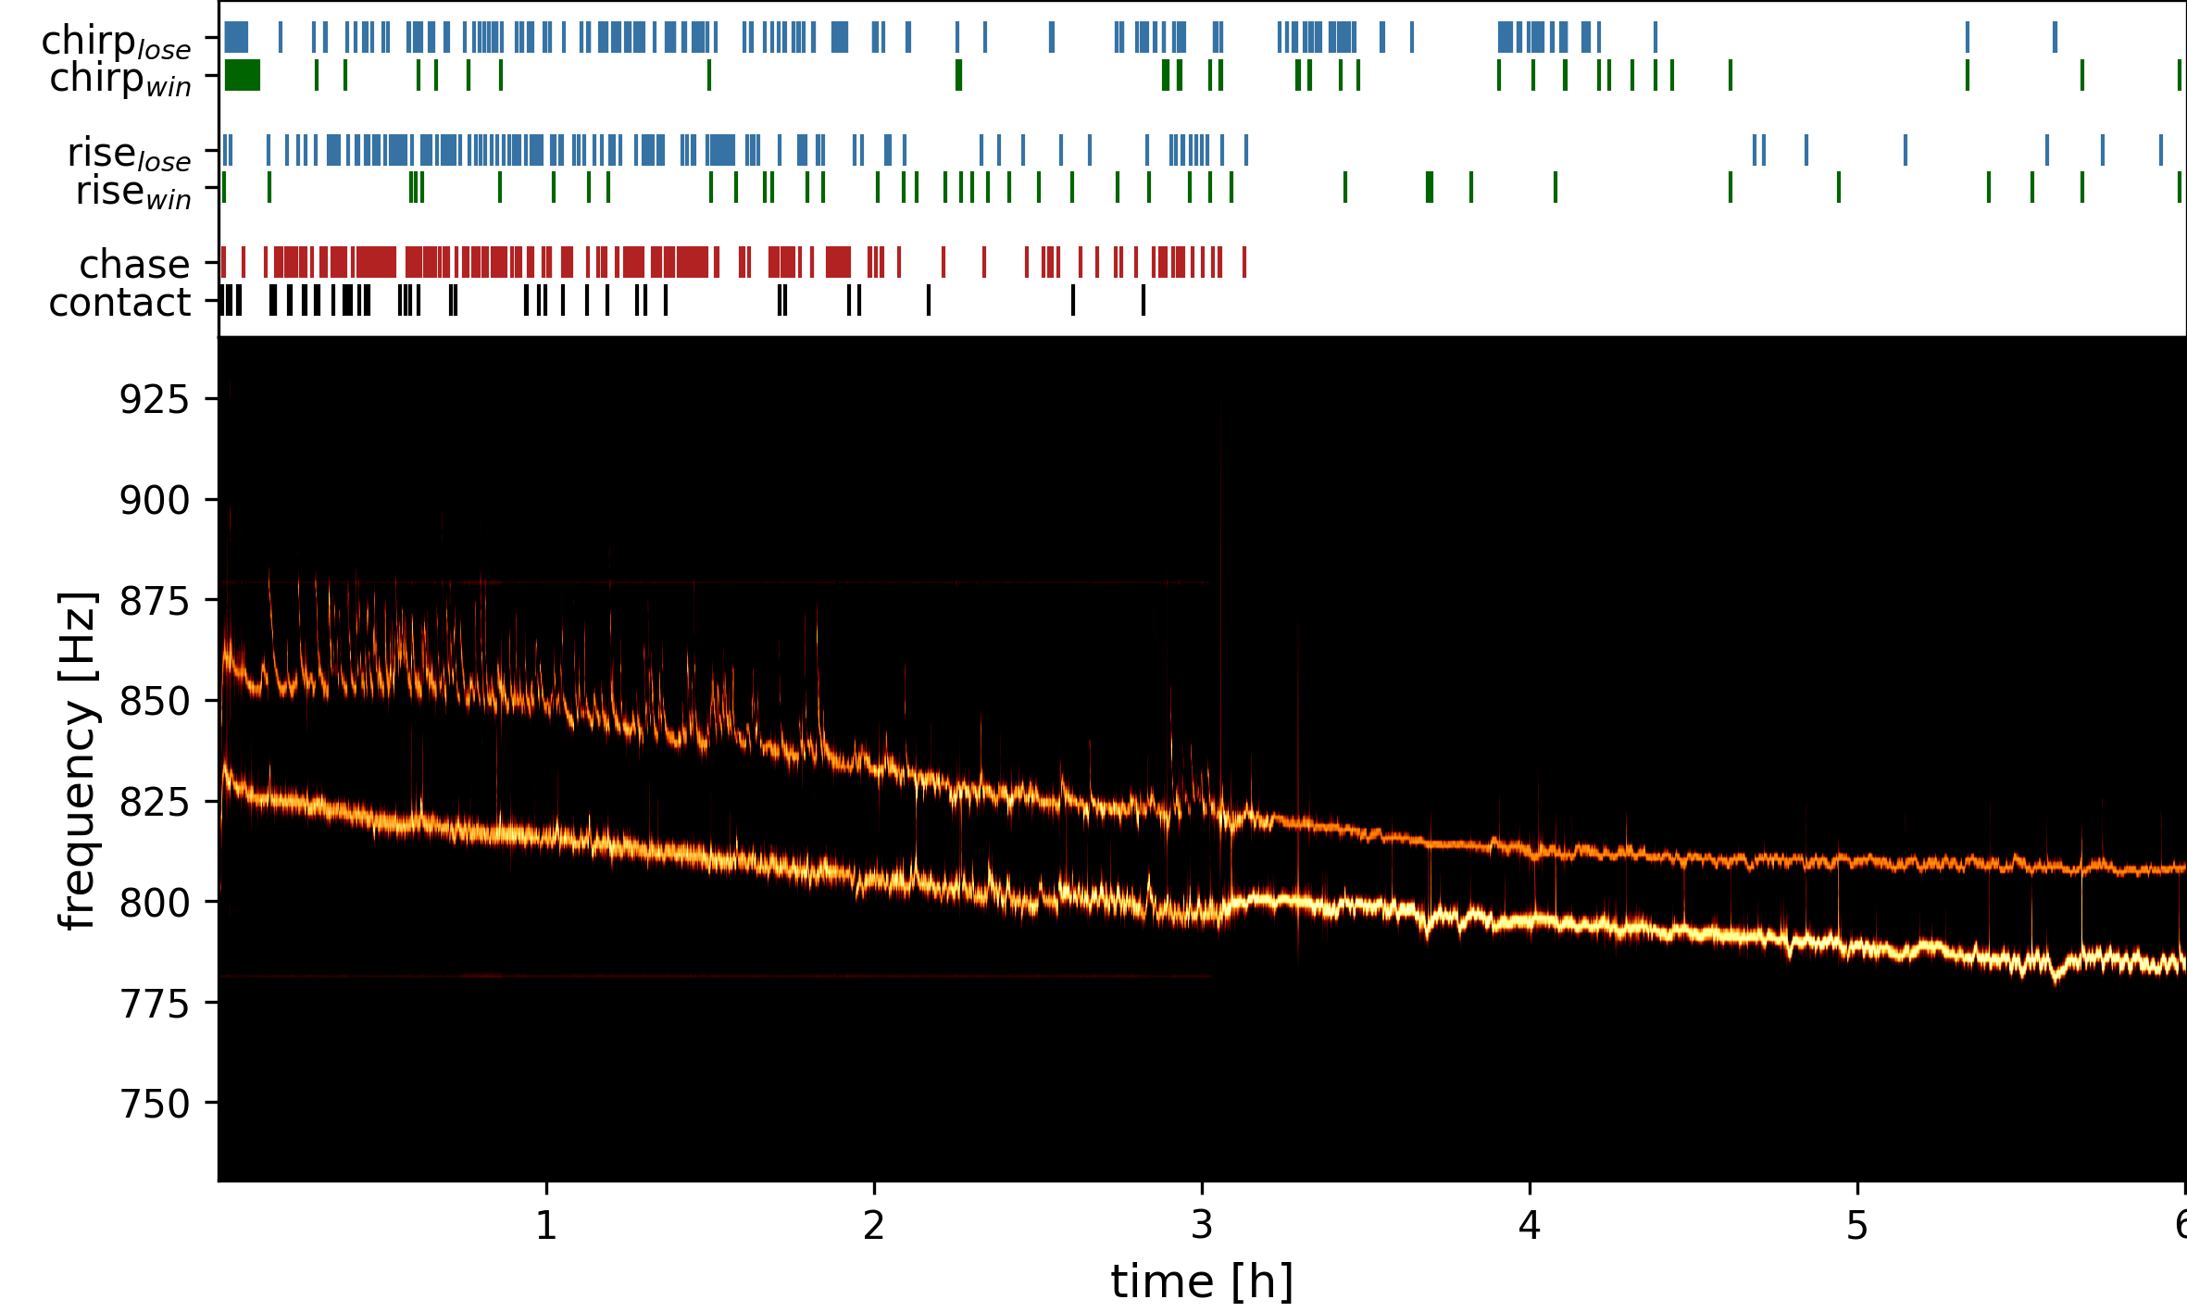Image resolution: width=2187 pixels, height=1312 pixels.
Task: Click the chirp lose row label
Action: [x=116, y=42]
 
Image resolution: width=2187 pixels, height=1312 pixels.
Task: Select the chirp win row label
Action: [x=119, y=80]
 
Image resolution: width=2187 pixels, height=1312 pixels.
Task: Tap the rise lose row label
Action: [x=129, y=154]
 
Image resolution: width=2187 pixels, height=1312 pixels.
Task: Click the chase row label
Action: [x=134, y=265]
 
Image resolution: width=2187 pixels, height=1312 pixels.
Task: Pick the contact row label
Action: [x=119, y=303]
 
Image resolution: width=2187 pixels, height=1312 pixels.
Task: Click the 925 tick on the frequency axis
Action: [x=154, y=400]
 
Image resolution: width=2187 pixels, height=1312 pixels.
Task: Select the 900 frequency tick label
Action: [x=154, y=501]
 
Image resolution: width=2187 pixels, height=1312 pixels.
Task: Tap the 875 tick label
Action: [x=154, y=602]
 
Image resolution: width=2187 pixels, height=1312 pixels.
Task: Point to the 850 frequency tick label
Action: [x=154, y=702]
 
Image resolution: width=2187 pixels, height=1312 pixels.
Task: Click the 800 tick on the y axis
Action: [x=154, y=903]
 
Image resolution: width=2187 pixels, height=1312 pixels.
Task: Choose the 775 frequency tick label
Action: [x=154, y=1004]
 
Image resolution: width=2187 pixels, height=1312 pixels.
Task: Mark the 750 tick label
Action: [x=154, y=1105]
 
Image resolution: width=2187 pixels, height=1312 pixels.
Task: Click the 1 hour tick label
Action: [x=546, y=1226]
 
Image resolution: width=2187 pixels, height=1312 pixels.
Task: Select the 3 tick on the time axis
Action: [x=1202, y=1226]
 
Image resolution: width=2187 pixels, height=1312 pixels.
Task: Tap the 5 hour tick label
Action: [x=1857, y=1226]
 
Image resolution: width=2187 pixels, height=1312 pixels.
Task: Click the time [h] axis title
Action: [x=1202, y=1282]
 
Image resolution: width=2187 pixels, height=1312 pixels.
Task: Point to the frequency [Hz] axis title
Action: [x=78, y=759]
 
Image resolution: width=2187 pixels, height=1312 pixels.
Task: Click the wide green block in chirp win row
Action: [x=243, y=75]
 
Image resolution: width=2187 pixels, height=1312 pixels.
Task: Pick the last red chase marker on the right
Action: [x=1244, y=263]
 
